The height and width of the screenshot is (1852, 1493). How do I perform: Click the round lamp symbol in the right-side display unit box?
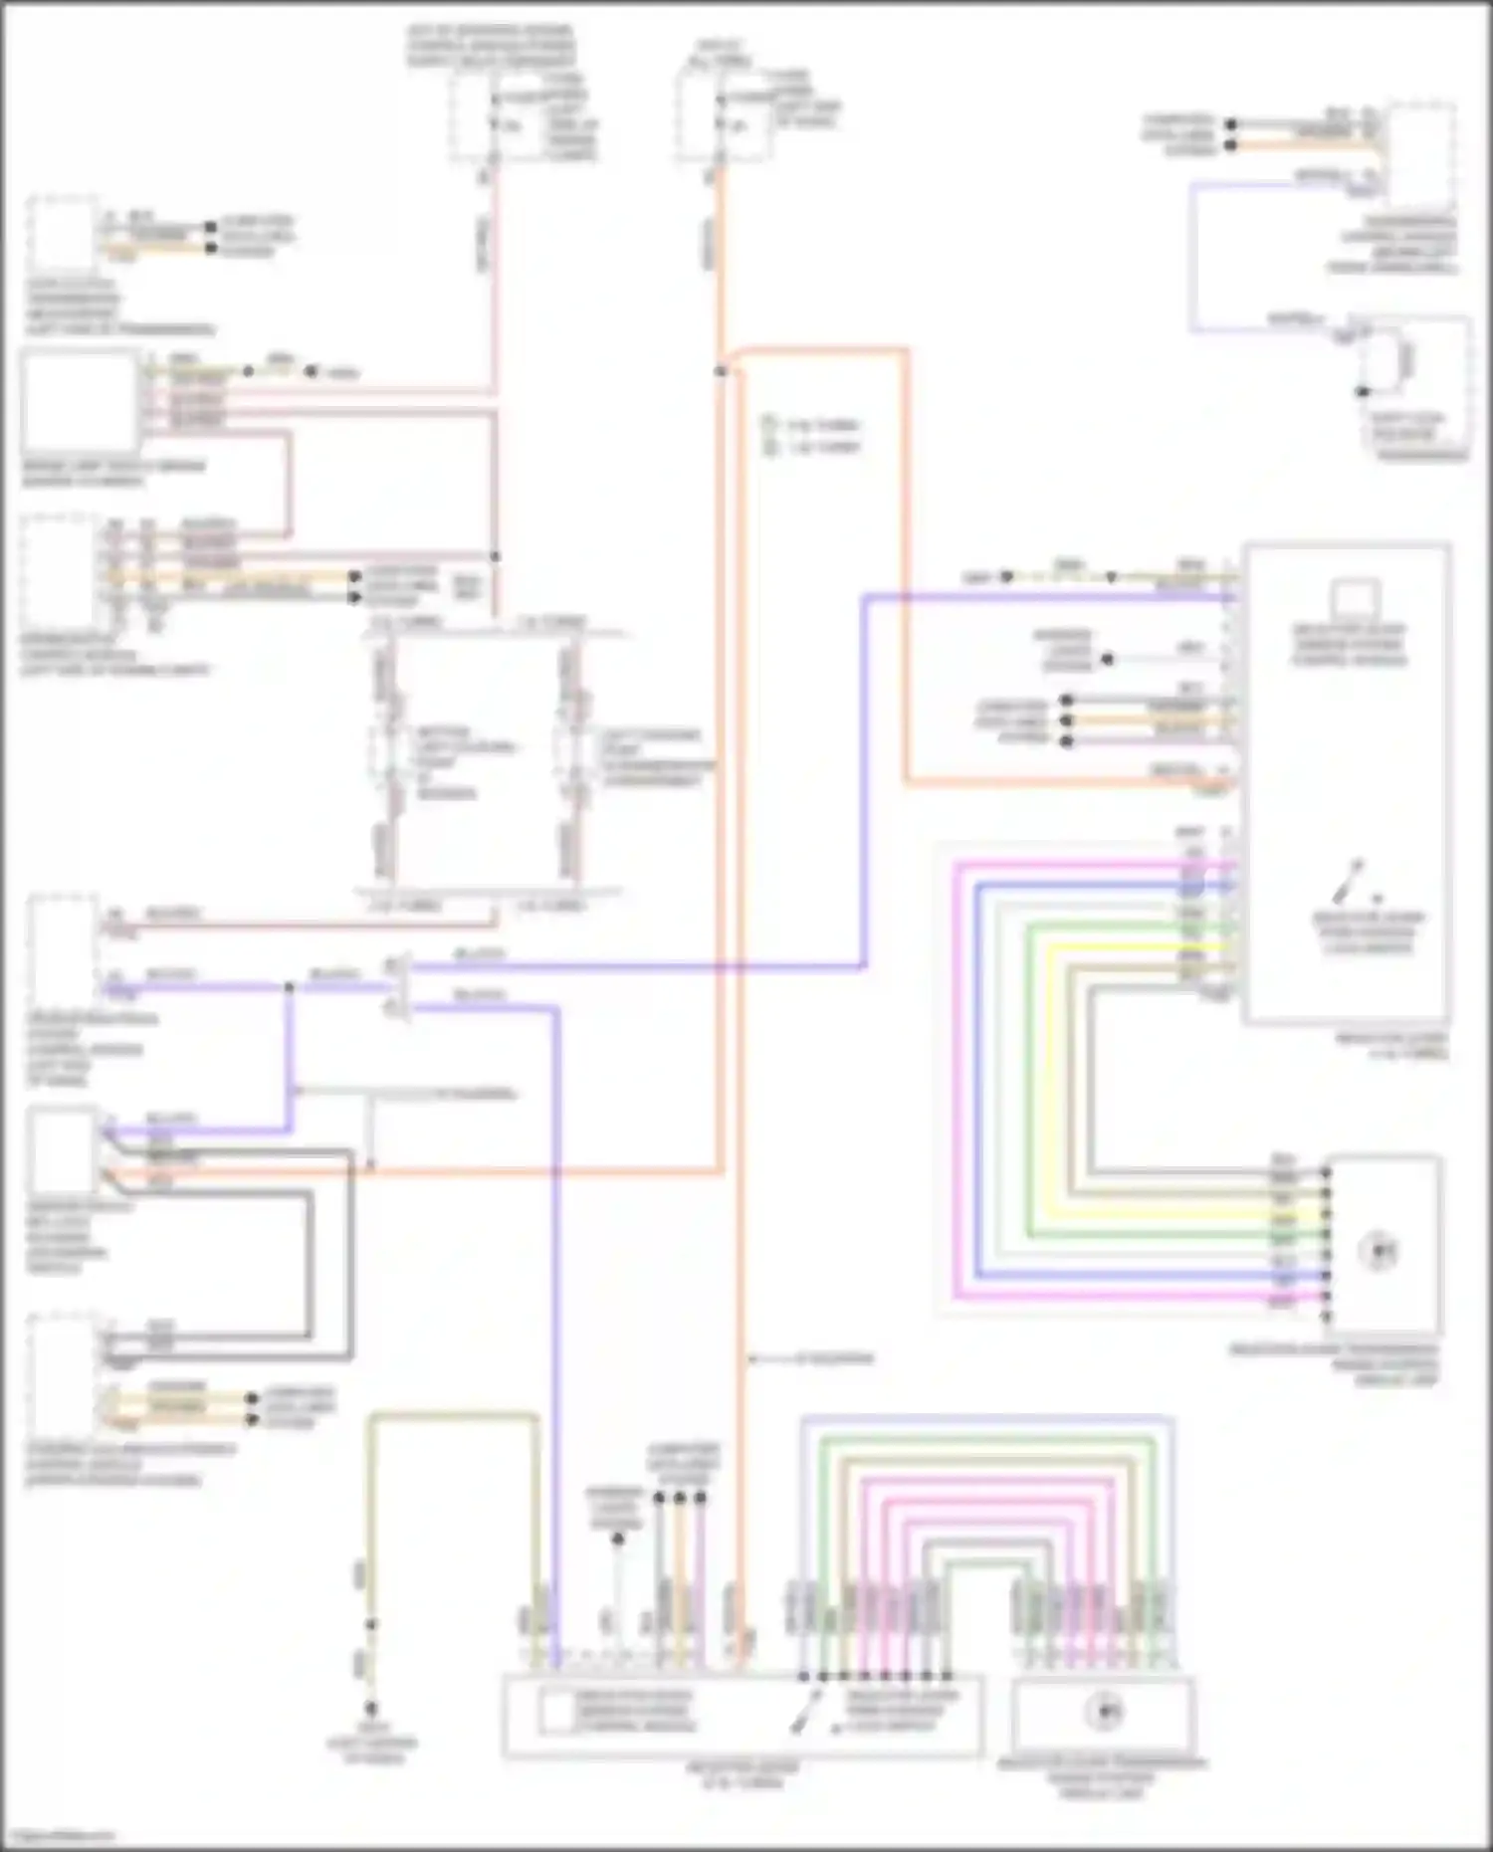[1382, 1251]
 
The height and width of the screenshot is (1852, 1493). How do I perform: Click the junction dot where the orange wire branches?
[721, 371]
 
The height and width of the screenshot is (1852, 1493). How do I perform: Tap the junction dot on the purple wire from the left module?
[289, 987]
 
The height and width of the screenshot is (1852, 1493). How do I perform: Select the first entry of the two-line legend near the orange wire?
[811, 425]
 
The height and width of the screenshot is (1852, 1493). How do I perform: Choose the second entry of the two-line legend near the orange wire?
[811, 447]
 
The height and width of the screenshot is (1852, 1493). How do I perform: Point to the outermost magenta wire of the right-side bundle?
[956, 1095]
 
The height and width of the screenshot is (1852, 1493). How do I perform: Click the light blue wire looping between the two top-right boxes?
[1192, 259]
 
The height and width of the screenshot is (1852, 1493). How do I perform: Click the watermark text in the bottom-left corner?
[58, 1836]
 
